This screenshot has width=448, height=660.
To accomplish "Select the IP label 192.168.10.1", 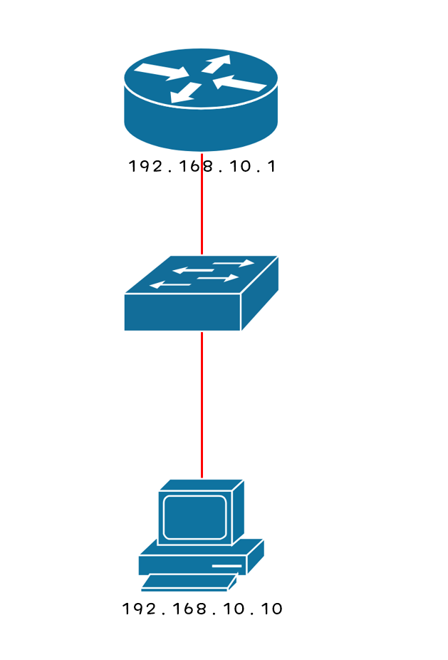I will coord(202,167).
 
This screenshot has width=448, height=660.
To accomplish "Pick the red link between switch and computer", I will coord(202,403).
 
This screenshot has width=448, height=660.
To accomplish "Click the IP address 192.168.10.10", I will coord(202,609).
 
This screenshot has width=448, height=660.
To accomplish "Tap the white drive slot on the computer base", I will coord(226,566).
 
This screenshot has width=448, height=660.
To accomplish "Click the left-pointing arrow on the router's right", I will coord(241,84).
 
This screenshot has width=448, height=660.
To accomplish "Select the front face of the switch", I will coord(182,312).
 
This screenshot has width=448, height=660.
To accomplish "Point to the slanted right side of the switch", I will coord(261,299).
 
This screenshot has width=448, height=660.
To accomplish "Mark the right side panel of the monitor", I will coord(239,511).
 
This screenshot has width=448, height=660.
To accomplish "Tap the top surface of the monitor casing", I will coord(201,485).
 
